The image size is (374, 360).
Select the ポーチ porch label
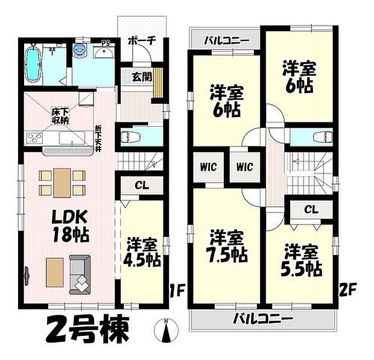pyautogui.click(x=142, y=40)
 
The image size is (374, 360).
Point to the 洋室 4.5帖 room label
pyautogui.click(x=142, y=253)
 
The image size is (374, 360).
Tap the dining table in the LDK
pyautogui.click(x=61, y=182)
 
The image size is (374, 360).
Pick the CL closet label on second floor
pyautogui.click(x=311, y=209)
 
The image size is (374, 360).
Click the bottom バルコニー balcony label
pyautogui.click(x=264, y=318)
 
